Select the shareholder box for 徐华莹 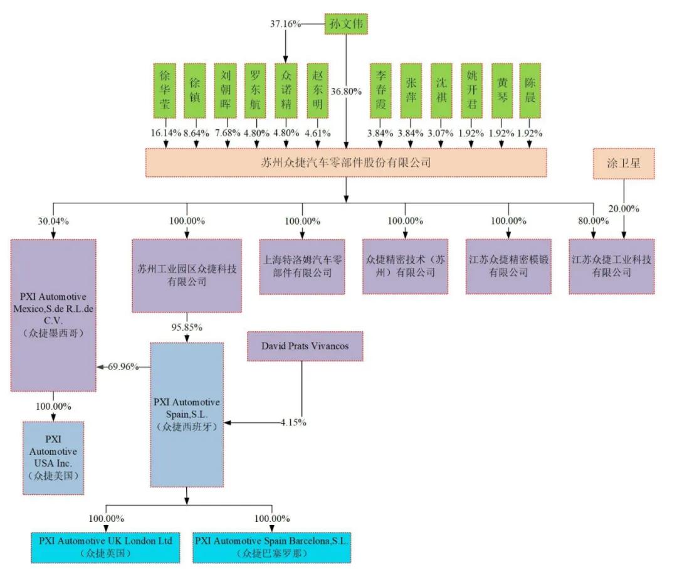pos(166,90)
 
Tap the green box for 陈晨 pos(530,90)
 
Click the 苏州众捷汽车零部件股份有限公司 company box pos(346,162)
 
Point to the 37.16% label pos(285,24)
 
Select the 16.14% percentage pos(166,133)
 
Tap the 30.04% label pos(53,221)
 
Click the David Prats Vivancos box pos(305,346)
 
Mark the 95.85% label pos(187,327)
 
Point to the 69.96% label pos(123,367)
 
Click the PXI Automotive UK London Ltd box pos(105,546)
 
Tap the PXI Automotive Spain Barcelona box pos(271,546)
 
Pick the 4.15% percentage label pos(293,422)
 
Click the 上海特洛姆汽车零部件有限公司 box pos(302,266)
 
